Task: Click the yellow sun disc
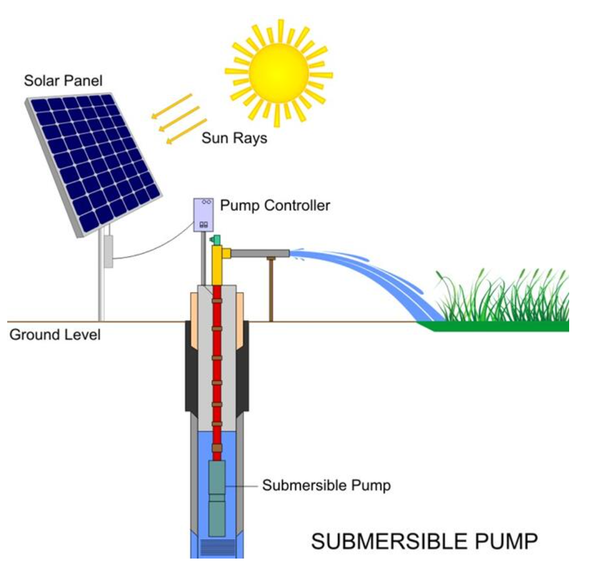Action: point(279,71)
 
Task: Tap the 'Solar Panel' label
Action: point(63,81)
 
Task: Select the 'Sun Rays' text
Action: point(234,138)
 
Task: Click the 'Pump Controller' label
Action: point(275,205)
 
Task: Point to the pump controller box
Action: point(203,215)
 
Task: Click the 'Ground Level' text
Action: point(55,335)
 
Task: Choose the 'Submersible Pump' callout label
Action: point(326,485)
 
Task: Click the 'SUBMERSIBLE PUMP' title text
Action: point(424,541)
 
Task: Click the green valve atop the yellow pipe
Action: point(215,240)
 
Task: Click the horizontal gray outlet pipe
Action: point(260,253)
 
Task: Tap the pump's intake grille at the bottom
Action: point(216,546)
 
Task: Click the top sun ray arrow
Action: point(172,105)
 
